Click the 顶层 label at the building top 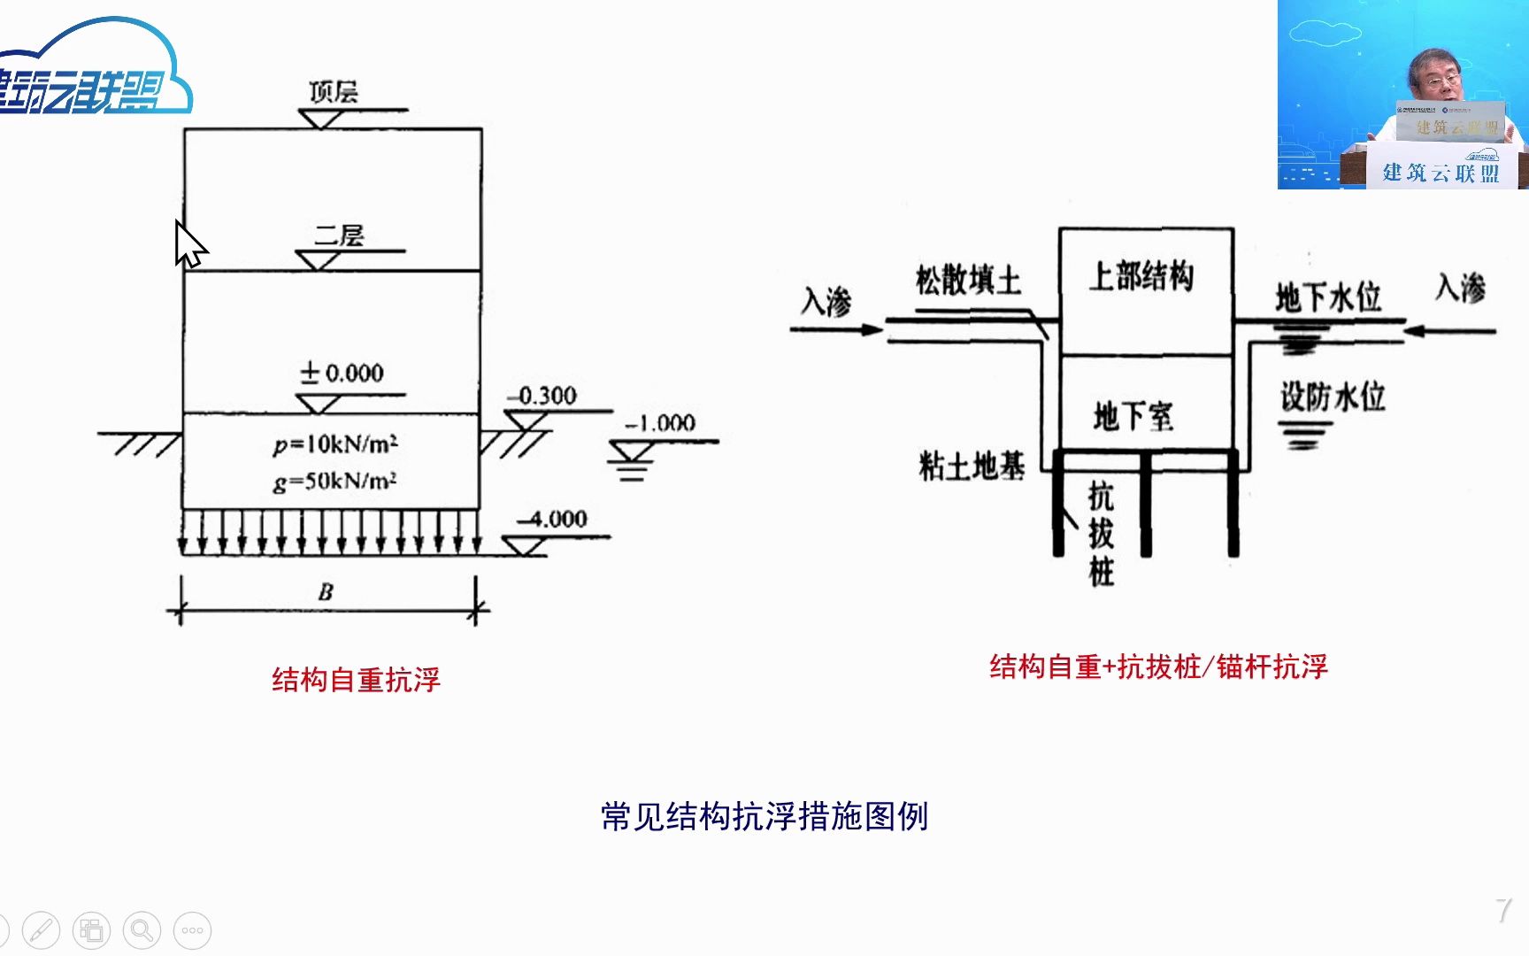(333, 92)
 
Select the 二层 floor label (339, 235)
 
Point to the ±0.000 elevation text (342, 373)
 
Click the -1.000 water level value (661, 423)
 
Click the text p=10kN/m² (335, 443)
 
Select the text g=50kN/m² (334, 482)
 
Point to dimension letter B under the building (326, 591)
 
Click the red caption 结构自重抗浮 (356, 680)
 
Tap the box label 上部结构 (1141, 276)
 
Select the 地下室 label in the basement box (1133, 415)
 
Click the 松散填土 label (968, 280)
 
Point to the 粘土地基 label (972, 466)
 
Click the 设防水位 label (1333, 397)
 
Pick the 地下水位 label (1328, 297)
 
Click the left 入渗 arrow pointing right (836, 329)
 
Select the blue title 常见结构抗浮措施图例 (764, 816)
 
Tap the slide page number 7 (1503, 910)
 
